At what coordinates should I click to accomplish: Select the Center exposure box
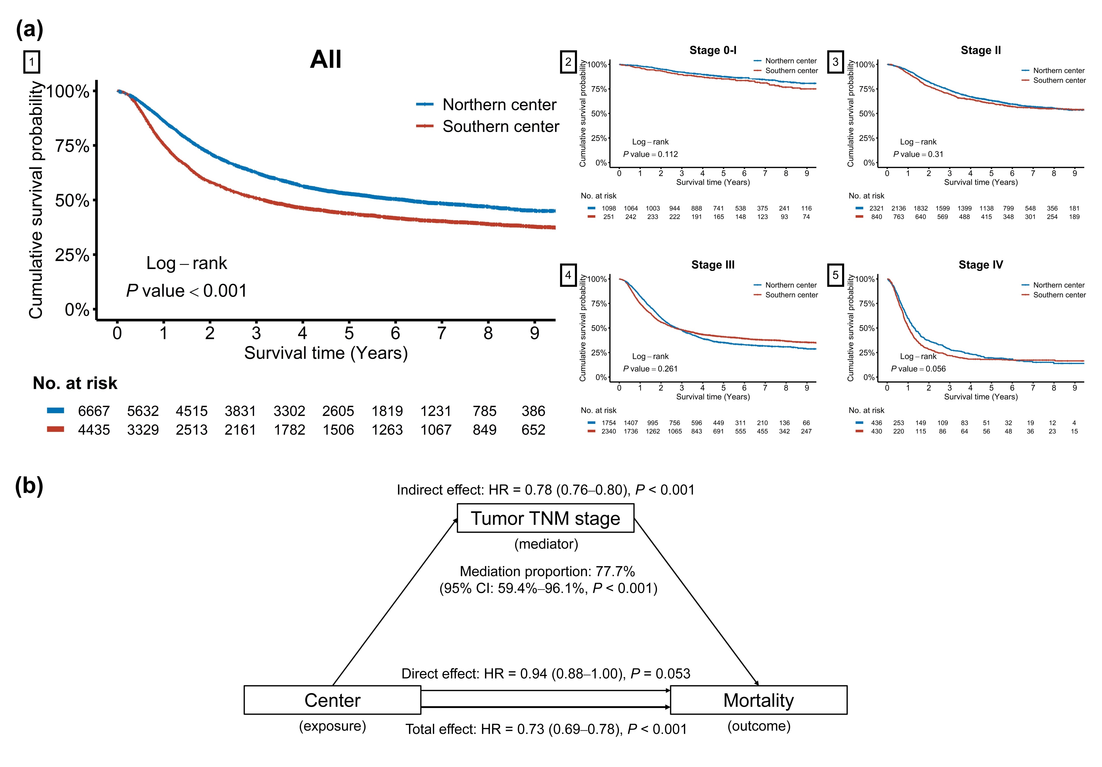coord(332,700)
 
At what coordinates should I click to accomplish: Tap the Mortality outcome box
coord(758,700)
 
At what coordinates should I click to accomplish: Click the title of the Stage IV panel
coord(981,265)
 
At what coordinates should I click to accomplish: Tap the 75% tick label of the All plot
coord(72,145)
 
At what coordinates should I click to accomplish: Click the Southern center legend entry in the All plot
coord(501,126)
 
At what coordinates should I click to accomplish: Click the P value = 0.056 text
coord(918,369)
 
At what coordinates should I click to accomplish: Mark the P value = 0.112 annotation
coord(650,154)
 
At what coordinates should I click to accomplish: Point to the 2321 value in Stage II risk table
coord(876,208)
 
